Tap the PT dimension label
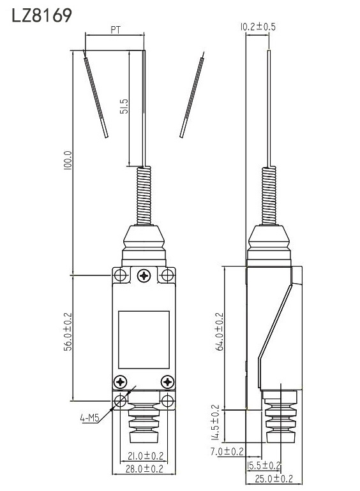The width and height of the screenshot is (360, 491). [x=116, y=30]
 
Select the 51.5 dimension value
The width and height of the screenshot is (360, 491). [x=124, y=106]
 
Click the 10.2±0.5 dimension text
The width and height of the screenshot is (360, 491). [x=257, y=27]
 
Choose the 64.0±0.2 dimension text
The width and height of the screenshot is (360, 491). [x=220, y=332]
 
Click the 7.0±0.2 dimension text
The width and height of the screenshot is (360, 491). [x=227, y=451]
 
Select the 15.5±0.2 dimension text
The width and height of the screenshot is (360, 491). [x=264, y=465]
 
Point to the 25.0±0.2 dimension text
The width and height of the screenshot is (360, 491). [x=274, y=479]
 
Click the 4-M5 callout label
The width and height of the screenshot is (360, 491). [x=90, y=419]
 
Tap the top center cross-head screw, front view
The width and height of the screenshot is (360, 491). [x=144, y=275]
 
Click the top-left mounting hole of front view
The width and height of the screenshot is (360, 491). [x=119, y=275]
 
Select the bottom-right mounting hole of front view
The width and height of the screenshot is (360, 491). [x=167, y=401]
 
